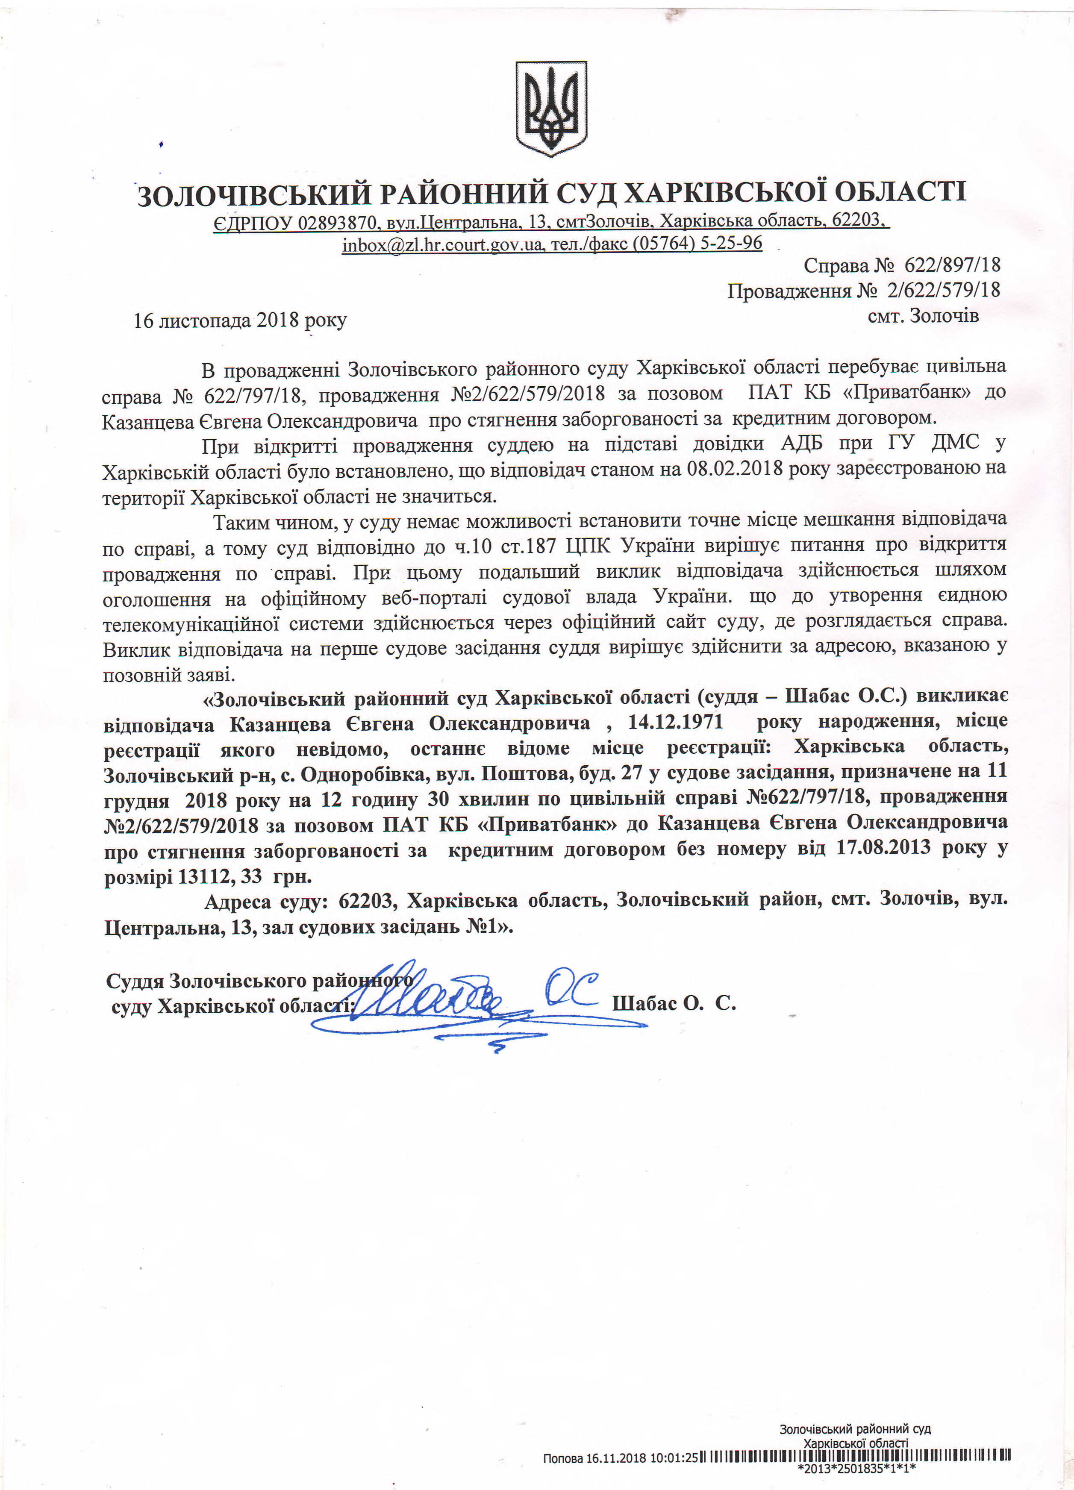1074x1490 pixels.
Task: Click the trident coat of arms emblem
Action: point(551,109)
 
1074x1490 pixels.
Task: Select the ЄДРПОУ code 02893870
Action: point(336,223)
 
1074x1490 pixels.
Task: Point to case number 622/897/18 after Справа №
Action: point(952,265)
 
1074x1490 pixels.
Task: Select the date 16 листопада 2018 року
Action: point(240,320)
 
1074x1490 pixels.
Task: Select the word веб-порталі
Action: point(434,598)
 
